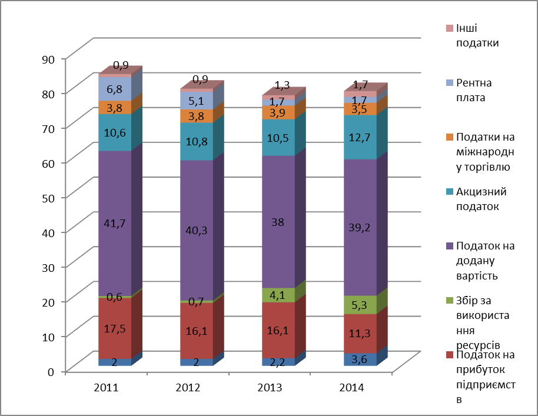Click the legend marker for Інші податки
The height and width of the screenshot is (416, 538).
450,28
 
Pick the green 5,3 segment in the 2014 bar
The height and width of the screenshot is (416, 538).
360,305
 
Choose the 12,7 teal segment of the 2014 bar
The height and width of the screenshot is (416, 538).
360,137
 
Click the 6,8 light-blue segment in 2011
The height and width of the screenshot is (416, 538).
115,89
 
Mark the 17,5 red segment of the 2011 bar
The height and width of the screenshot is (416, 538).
115,328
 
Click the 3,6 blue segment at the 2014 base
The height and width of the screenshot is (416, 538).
360,359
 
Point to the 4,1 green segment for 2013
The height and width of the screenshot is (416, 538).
278,295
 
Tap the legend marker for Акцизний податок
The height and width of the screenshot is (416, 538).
450,192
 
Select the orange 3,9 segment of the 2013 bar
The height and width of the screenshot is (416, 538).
278,112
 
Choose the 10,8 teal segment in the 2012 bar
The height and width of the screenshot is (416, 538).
197,141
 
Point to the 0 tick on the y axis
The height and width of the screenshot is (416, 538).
51,371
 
